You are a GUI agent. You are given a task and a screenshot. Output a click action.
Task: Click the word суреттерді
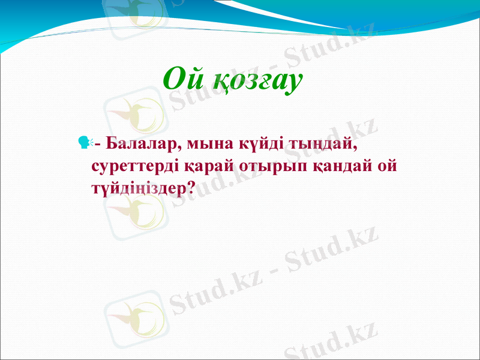tap(139, 165)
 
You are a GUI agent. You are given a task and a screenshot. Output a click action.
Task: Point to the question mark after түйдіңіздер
tap(190, 187)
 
